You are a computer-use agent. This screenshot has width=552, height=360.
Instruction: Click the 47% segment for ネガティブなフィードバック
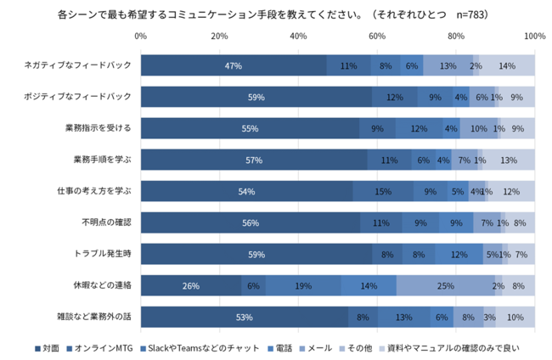[234, 66]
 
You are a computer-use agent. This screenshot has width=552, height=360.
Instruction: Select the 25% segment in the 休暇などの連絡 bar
[445, 286]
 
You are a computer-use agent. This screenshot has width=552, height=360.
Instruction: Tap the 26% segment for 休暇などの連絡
[191, 286]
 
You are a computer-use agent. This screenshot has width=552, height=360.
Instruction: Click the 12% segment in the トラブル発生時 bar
[459, 255]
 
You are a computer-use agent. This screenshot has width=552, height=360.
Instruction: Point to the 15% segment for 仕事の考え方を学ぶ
[383, 192]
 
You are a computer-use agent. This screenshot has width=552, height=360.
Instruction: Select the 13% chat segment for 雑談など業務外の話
[404, 318]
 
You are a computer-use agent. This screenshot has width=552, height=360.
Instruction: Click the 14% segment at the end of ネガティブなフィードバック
[508, 66]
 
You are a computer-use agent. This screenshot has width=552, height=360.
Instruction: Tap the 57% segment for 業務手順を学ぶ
[254, 160]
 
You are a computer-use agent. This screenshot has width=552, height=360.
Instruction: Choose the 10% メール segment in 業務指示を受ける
[479, 129]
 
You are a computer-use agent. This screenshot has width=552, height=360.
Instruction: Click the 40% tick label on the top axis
[298, 36]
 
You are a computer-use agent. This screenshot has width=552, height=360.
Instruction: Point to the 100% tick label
[534, 36]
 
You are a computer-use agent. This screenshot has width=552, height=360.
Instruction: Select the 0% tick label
[141, 36]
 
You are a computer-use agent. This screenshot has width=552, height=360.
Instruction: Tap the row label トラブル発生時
[104, 254]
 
